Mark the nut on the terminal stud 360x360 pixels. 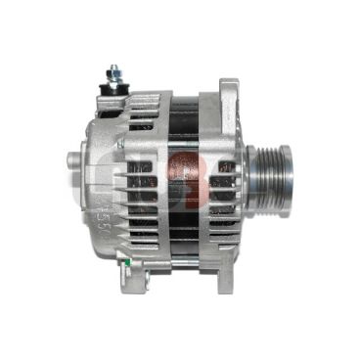coord(114,76)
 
